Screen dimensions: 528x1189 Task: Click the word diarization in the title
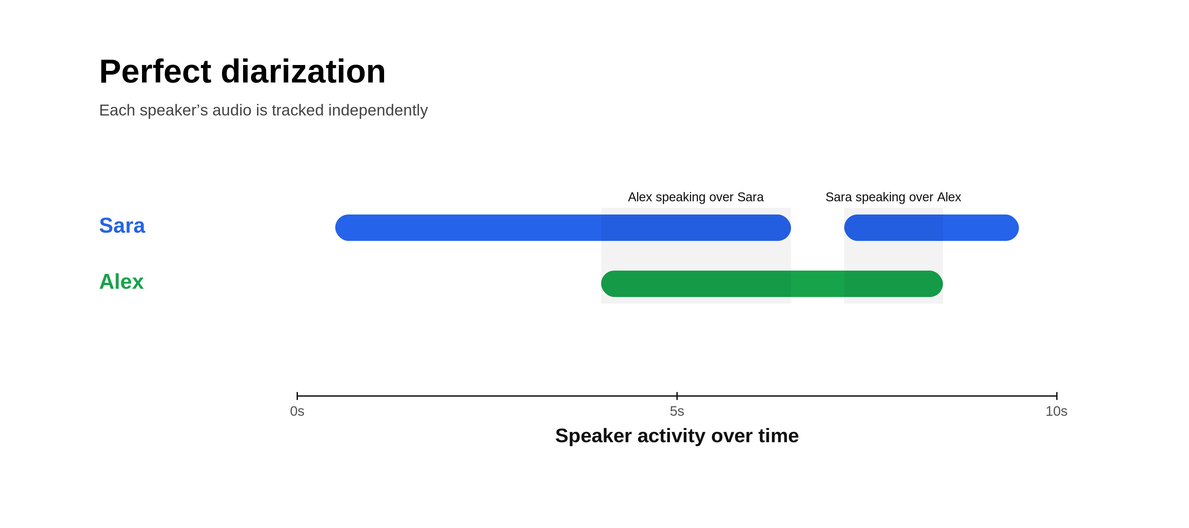pos(303,72)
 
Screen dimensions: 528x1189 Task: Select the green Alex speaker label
pos(122,282)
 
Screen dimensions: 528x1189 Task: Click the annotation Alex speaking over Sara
pos(695,197)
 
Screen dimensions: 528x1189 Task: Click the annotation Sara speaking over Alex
pos(893,197)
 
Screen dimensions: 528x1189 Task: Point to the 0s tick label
pos(297,411)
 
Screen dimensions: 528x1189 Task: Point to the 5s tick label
pos(677,411)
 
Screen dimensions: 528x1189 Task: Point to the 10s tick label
pos(1056,411)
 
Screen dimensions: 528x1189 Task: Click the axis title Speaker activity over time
pos(677,436)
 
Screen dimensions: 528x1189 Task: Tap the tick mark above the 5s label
pos(677,396)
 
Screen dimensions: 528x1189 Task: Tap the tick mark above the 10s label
pos(1057,396)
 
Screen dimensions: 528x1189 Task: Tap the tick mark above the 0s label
pos(297,396)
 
